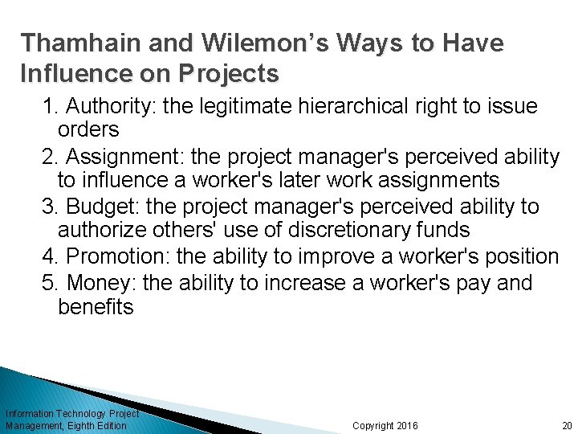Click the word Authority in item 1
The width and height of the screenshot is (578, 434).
click(x=103, y=107)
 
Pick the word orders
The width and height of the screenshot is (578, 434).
click(x=88, y=129)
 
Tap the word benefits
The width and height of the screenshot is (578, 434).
click(x=96, y=306)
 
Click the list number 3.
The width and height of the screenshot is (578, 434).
click(x=50, y=207)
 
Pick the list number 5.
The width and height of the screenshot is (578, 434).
click(x=49, y=282)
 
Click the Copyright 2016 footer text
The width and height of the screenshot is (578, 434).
click(x=385, y=425)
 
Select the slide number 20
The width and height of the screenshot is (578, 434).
click(x=567, y=425)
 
